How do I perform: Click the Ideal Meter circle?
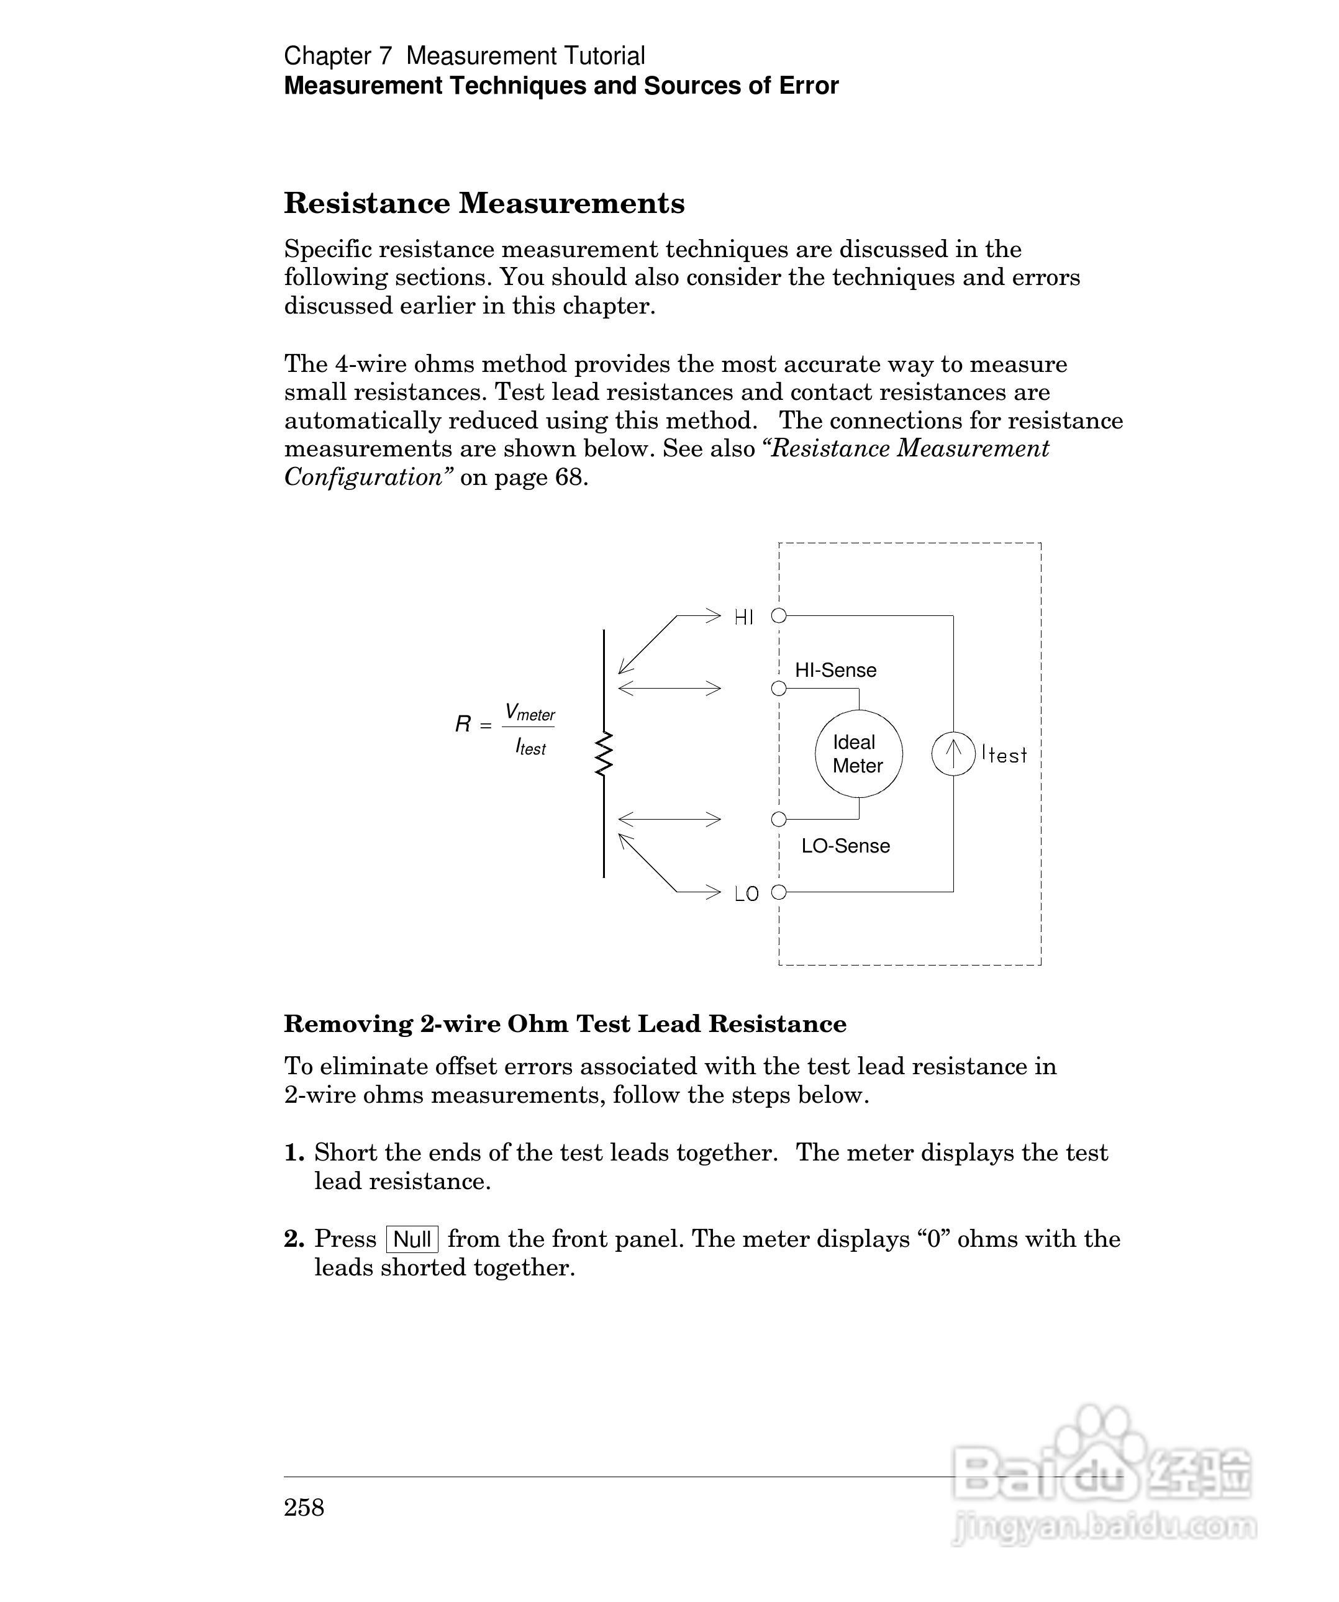tap(858, 754)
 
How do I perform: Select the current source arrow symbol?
tap(953, 754)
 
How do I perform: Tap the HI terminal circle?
tap(778, 615)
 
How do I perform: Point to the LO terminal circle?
tap(778, 892)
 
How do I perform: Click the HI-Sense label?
tap(835, 670)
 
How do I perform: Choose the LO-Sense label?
tap(845, 846)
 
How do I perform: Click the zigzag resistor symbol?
tap(604, 754)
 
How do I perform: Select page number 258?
tap(304, 1508)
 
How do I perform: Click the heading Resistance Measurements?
tap(484, 203)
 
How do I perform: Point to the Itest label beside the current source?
tap(1004, 754)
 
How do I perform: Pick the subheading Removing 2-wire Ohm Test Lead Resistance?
tap(565, 1024)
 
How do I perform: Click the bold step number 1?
tap(294, 1152)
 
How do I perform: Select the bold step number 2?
tap(294, 1239)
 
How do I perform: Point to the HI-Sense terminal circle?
tap(778, 689)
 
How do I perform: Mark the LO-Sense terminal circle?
tap(778, 819)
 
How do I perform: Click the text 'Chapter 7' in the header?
tap(337, 56)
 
